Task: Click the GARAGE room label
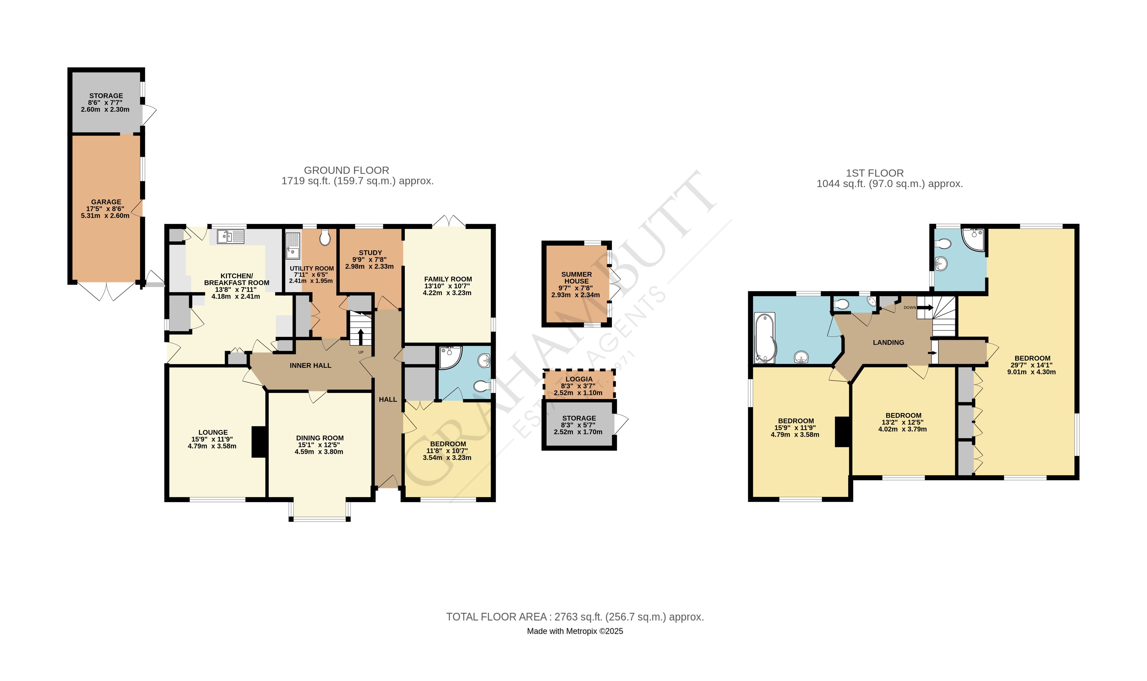(x=106, y=202)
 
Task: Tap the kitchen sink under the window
(x=231, y=237)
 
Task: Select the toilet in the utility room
(x=324, y=237)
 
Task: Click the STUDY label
(x=370, y=253)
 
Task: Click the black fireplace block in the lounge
(x=259, y=442)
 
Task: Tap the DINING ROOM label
(x=320, y=438)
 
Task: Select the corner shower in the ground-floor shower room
(x=449, y=357)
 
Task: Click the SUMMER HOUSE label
(x=576, y=278)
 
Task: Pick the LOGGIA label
(x=579, y=379)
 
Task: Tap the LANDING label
(x=888, y=342)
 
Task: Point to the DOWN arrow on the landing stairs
(x=925, y=308)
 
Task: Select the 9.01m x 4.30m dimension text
(x=1031, y=372)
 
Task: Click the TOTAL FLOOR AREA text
(x=574, y=617)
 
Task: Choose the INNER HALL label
(x=310, y=365)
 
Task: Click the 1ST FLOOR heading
(x=874, y=173)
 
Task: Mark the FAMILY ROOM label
(x=448, y=279)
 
